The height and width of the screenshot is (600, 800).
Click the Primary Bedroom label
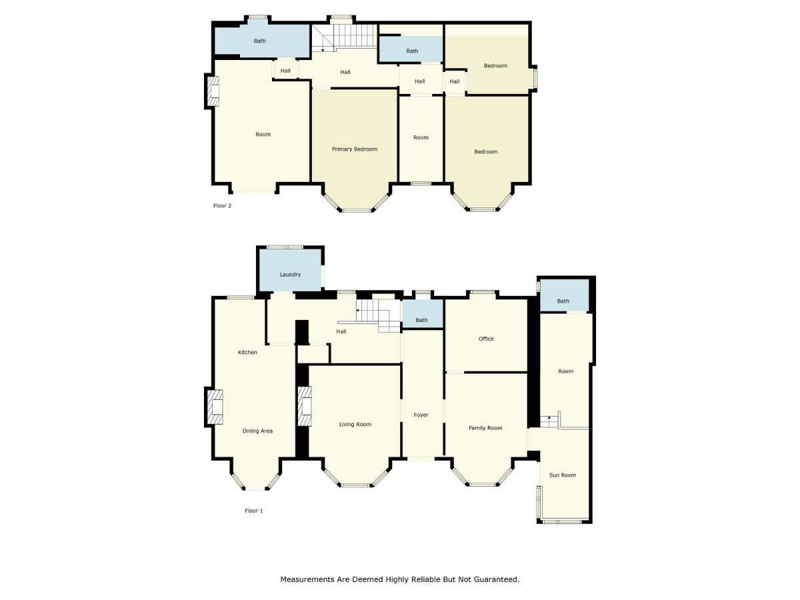(354, 149)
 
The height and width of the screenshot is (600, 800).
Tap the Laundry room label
(290, 275)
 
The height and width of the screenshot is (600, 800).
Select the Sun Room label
(563, 475)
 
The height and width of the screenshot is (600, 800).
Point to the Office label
(486, 339)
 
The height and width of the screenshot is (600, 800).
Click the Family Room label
(485, 428)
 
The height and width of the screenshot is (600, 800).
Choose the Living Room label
(355, 425)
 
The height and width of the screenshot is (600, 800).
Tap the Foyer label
(421, 415)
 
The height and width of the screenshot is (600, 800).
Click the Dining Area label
(257, 431)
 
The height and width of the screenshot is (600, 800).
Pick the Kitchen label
(247, 352)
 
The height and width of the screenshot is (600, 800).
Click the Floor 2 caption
(222, 205)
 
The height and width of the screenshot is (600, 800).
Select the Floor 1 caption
(254, 511)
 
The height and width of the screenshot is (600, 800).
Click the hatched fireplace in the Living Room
(305, 406)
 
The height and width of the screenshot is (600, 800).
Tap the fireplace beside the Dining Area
(215, 407)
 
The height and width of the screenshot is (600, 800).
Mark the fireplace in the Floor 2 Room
(213, 91)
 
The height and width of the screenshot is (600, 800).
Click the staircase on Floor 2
(344, 36)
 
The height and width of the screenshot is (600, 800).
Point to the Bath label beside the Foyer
(422, 320)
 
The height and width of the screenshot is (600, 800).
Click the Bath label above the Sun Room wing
(563, 301)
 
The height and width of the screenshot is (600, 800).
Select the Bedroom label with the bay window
(486, 151)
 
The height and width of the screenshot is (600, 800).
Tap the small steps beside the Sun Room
(549, 421)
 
